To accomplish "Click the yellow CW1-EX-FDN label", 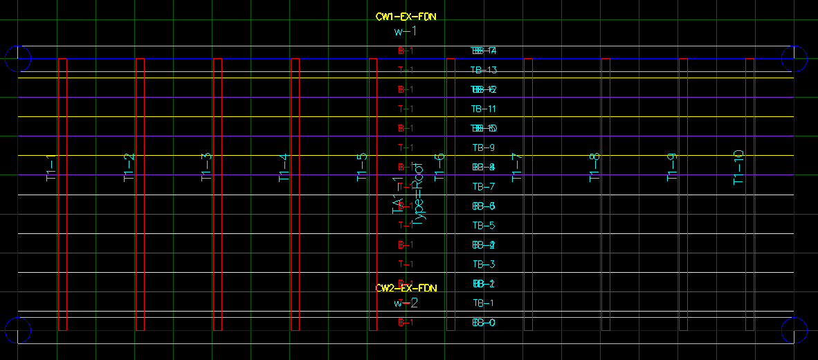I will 406,17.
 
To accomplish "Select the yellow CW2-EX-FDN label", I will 406,287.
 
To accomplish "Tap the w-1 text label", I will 406,31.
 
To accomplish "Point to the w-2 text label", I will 406,303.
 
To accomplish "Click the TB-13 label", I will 484,70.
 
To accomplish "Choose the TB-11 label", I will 484,109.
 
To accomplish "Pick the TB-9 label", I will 483,147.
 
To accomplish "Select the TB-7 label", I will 483,186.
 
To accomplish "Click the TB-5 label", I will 483,225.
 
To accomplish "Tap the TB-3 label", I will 483,264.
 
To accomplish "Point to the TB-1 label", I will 483,303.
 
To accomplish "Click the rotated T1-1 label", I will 51,168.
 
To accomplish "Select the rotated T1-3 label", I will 206,168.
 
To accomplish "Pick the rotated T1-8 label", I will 594,168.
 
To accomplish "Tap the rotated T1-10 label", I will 738,167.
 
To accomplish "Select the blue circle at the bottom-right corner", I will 794,330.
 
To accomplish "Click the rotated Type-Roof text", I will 419,195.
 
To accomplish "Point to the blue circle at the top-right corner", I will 794,59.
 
